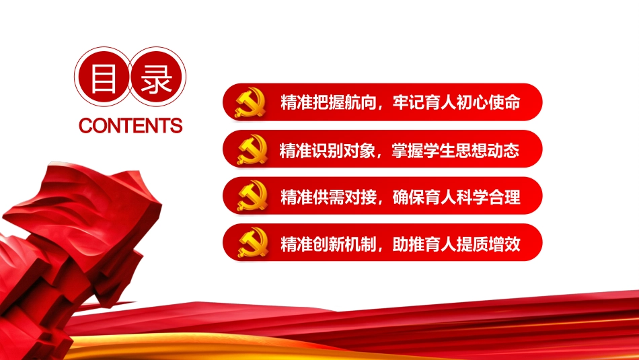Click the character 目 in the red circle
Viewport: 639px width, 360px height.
pos(103,80)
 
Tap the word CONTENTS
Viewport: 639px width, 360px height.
pos(130,126)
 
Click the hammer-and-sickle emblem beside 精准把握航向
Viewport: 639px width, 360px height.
pos(250,102)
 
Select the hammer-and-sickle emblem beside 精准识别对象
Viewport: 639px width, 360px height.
pos(250,149)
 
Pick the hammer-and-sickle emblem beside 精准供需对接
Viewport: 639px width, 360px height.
pos(250,196)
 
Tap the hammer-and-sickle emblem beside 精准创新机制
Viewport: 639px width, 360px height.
pos(250,243)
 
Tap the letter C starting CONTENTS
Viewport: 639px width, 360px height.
pos(85,126)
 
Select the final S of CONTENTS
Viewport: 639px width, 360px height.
pos(176,126)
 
